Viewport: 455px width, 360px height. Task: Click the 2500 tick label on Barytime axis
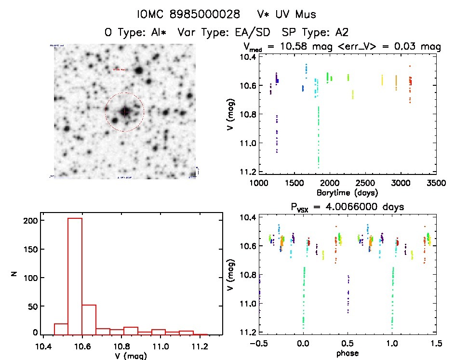[366, 183]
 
